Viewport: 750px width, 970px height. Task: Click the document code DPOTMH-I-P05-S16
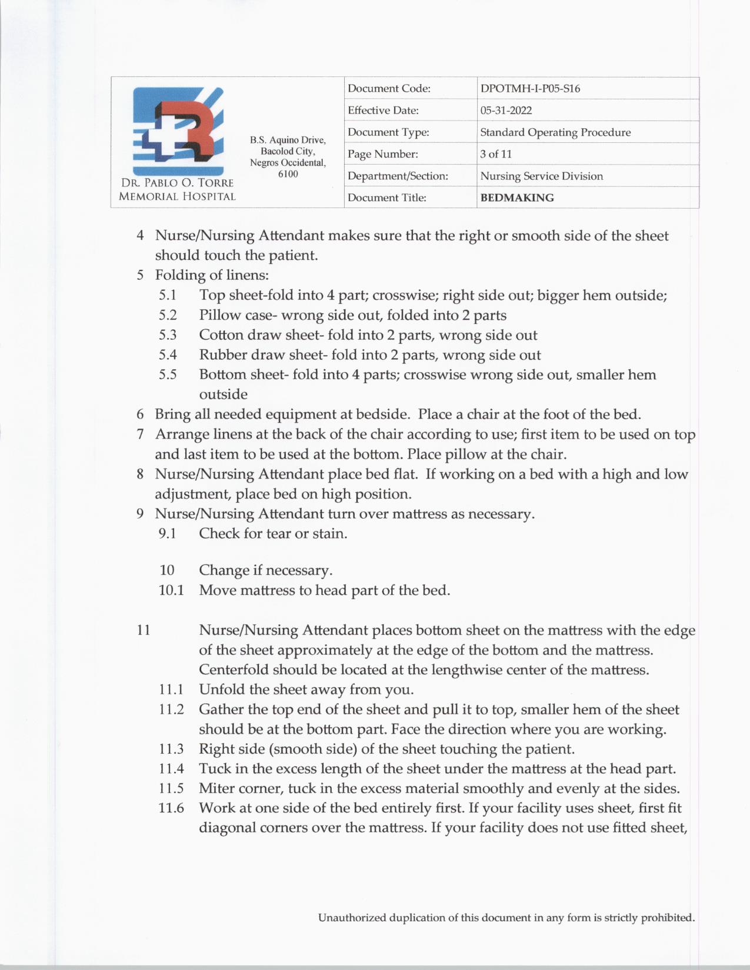pos(530,89)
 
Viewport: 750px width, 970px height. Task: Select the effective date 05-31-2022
pos(506,111)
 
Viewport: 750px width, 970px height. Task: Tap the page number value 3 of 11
pos(496,154)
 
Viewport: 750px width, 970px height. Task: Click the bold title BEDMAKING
pos(517,198)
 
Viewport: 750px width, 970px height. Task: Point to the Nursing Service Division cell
pos(541,176)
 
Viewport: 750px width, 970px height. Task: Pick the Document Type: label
pos(388,132)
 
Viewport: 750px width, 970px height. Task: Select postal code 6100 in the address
pos(288,174)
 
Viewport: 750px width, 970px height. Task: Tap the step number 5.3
pos(168,335)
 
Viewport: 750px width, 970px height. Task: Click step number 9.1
pos(168,534)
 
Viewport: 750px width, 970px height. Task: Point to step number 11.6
pos(171,808)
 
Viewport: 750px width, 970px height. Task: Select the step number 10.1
pos(171,590)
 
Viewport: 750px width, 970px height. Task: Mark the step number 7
pos(140,434)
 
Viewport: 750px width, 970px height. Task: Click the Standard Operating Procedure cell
pos(555,132)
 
